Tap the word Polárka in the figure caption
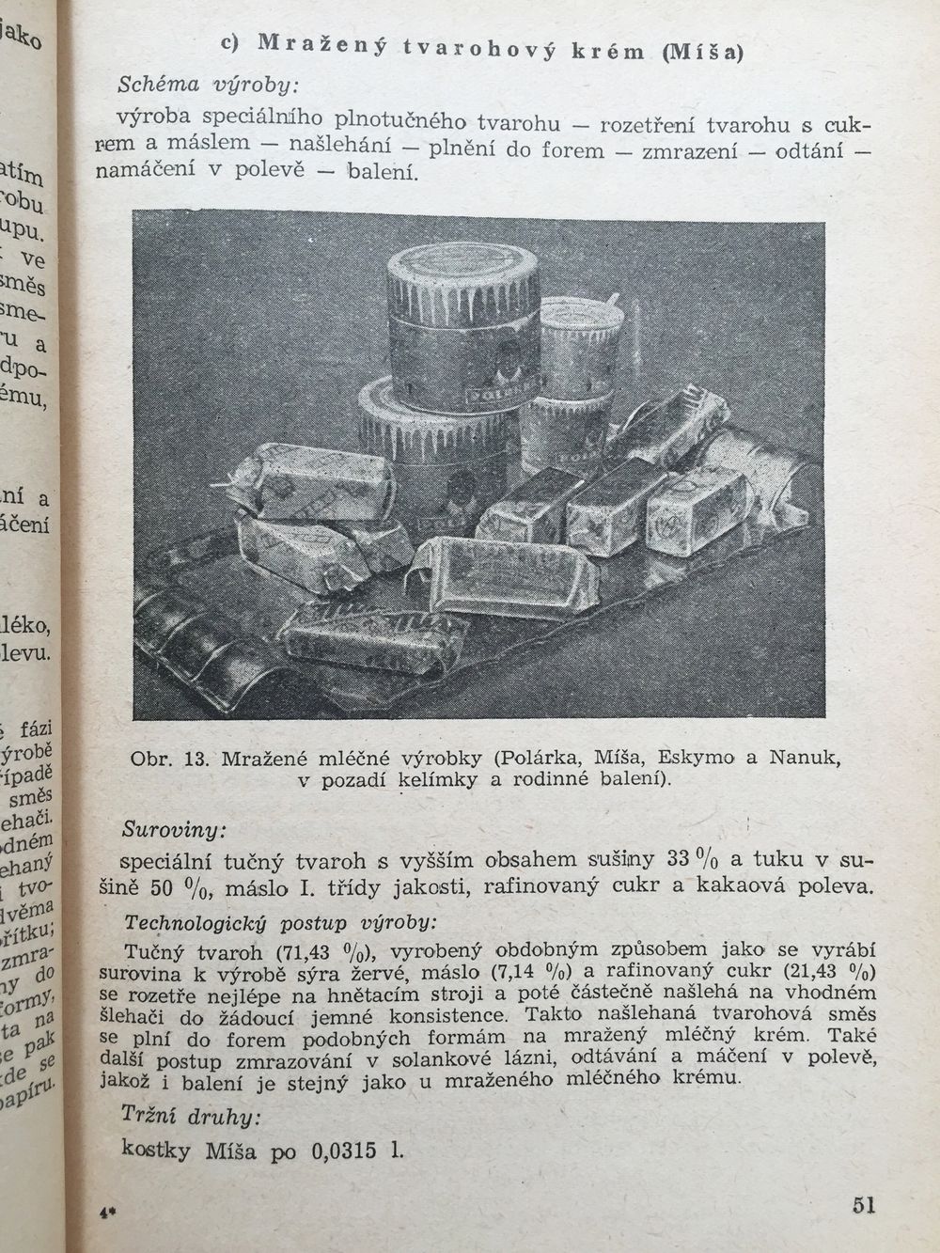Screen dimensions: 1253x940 pos(539,758)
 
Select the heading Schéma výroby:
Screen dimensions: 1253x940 pos(207,85)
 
